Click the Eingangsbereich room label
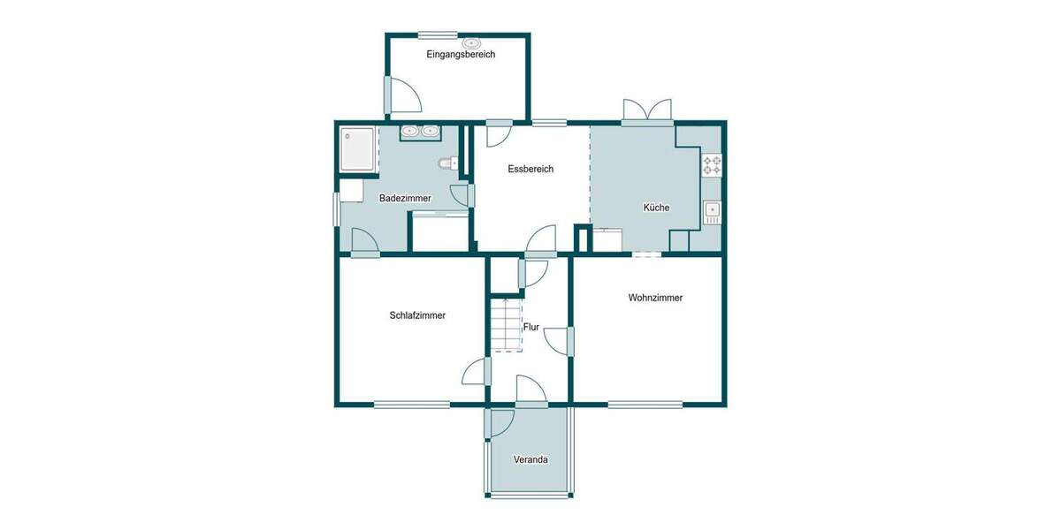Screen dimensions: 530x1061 pyautogui.click(x=461, y=54)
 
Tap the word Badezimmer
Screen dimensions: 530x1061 pyautogui.click(x=405, y=199)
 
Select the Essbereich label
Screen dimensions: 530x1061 pyautogui.click(x=530, y=169)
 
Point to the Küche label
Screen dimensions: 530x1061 pyautogui.click(x=656, y=208)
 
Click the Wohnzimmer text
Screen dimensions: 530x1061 pyautogui.click(x=655, y=298)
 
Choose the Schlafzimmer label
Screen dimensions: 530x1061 pyautogui.click(x=417, y=315)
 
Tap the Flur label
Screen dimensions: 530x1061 pyautogui.click(x=531, y=327)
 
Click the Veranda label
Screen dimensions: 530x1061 pyautogui.click(x=531, y=459)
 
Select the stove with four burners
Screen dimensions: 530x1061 pyautogui.click(x=712, y=163)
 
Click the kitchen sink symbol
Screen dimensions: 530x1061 pyautogui.click(x=712, y=211)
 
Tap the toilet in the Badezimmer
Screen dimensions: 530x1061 pyautogui.click(x=447, y=163)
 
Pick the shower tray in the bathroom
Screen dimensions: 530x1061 pyautogui.click(x=359, y=149)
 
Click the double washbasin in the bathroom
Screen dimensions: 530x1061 pyautogui.click(x=420, y=132)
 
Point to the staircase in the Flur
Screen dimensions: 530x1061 pyautogui.click(x=508, y=324)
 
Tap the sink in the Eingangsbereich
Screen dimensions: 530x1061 pyautogui.click(x=472, y=42)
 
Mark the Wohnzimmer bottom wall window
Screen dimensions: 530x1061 pyautogui.click(x=645, y=405)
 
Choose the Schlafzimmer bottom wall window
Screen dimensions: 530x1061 pyautogui.click(x=411, y=405)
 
